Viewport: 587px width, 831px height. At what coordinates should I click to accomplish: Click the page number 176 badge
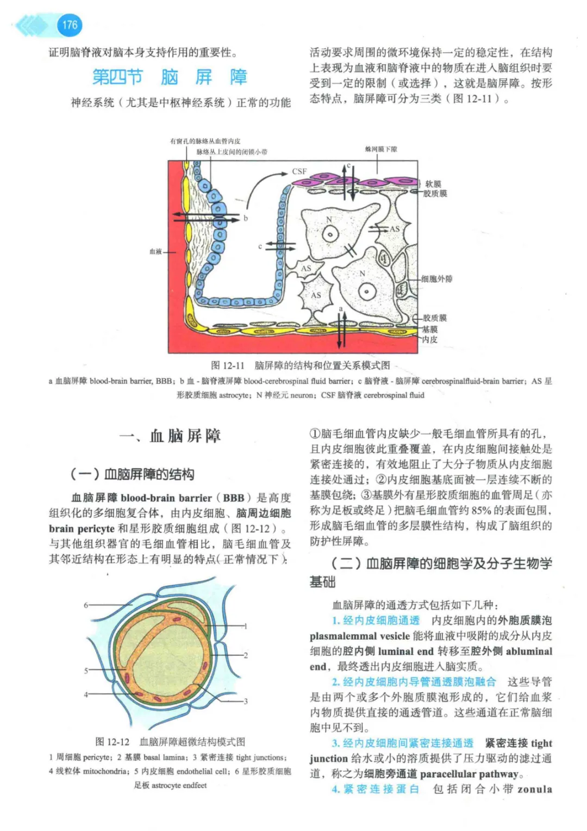coord(70,25)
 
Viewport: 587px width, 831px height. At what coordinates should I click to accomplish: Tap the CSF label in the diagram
coord(299,171)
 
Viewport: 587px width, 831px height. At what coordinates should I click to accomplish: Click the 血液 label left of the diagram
coord(155,251)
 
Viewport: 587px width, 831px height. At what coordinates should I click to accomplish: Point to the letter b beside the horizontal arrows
coord(246,218)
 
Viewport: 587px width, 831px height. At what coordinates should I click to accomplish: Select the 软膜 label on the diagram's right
coord(433,184)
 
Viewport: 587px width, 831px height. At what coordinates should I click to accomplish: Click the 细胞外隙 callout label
coord(437,279)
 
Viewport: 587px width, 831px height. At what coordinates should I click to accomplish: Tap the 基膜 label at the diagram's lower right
coord(430,329)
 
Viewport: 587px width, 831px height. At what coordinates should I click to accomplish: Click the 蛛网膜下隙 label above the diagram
coord(381,149)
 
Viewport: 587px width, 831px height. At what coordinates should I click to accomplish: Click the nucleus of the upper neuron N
coord(330,235)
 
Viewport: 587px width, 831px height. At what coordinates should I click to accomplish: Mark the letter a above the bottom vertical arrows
coord(341,308)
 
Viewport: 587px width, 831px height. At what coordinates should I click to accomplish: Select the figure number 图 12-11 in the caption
coord(228,365)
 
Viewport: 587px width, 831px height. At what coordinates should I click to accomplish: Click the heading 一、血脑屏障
coord(170,436)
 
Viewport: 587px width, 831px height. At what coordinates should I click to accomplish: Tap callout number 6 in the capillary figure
coord(86,605)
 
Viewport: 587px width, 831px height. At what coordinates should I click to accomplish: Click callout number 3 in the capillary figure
coord(246,701)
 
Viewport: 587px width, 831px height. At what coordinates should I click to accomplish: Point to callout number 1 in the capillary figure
coord(246,626)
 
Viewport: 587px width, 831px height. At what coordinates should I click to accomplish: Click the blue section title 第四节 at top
coord(117,77)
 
